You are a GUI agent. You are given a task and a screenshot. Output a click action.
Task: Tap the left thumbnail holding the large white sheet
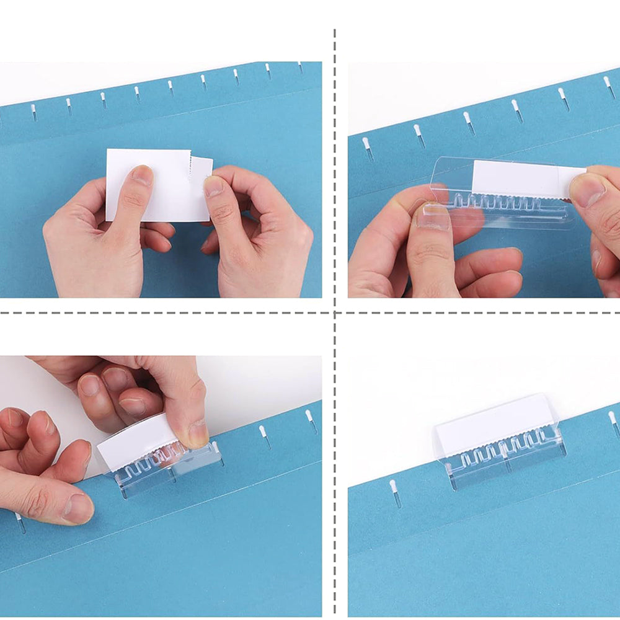(142, 175)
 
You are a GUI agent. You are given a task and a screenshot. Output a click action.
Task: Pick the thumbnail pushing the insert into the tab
(587, 190)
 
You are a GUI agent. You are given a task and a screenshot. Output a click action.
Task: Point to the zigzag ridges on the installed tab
(502, 447)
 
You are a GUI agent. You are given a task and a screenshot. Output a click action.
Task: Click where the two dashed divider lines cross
(335, 312)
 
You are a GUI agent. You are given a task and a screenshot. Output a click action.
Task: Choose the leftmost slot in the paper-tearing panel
(33, 112)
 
